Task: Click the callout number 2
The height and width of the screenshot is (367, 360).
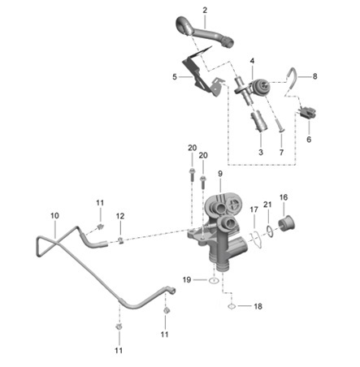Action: (x=205, y=11)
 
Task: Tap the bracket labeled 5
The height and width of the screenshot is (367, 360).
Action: (x=202, y=75)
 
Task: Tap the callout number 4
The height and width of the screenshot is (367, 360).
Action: (x=252, y=61)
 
